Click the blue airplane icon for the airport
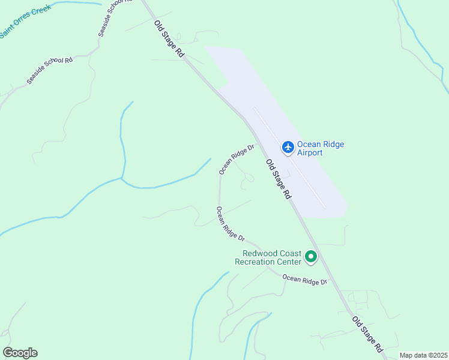click(x=288, y=147)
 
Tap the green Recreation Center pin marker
click(x=311, y=257)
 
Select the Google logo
click(x=20, y=353)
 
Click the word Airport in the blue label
click(x=310, y=153)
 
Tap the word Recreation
click(x=255, y=262)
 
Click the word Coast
click(x=288, y=254)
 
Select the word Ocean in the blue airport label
click(x=309, y=145)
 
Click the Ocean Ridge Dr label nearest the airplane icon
click(x=237, y=159)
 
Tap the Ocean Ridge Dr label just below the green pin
click(x=305, y=279)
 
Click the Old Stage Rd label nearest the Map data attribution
click(x=367, y=334)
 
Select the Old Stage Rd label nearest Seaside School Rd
click(x=169, y=39)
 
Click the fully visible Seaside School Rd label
click(x=49, y=71)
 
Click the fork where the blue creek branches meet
click(x=122, y=178)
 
